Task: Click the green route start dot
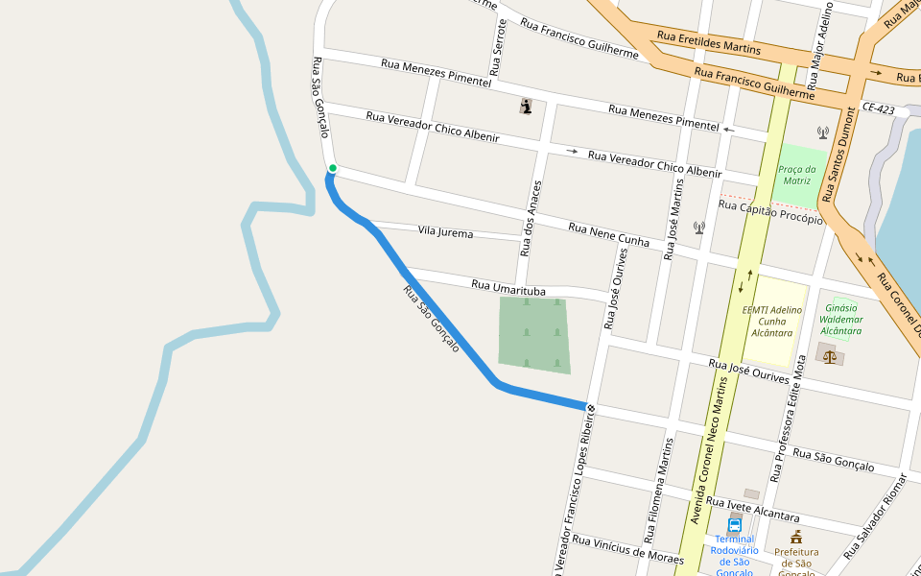click(333, 169)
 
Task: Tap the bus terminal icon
click(735, 525)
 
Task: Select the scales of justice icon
click(830, 356)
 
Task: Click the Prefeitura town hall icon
click(796, 537)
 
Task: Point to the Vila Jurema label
click(445, 232)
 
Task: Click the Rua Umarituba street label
click(508, 288)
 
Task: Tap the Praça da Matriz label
click(796, 175)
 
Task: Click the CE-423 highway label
click(878, 109)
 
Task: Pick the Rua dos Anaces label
click(531, 219)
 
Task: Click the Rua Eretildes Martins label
click(709, 41)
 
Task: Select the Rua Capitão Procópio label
click(770, 211)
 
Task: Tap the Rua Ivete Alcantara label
click(752, 508)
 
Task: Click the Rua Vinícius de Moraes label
click(627, 549)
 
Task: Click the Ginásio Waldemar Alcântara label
click(842, 319)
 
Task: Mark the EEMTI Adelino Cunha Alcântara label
click(772, 322)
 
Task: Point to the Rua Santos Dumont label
click(838, 144)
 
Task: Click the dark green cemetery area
click(533, 334)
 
